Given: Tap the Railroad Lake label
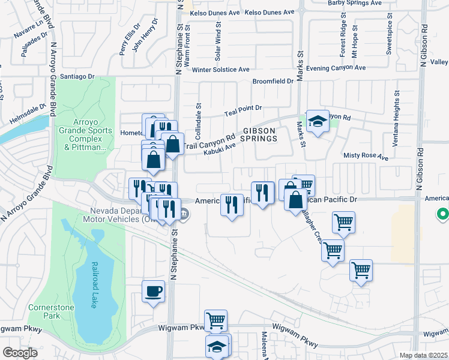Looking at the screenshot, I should (x=94, y=284).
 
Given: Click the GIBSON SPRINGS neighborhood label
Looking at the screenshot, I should (x=259, y=134).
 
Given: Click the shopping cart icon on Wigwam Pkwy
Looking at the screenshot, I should (x=215, y=321).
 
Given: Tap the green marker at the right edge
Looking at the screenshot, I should (x=443, y=214).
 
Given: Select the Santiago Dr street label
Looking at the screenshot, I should (x=78, y=77).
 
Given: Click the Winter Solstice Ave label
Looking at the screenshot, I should (x=220, y=70).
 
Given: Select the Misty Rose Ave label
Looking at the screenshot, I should (x=366, y=156).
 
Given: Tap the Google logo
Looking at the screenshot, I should (x=20, y=353).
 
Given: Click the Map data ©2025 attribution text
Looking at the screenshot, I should (x=424, y=355).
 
